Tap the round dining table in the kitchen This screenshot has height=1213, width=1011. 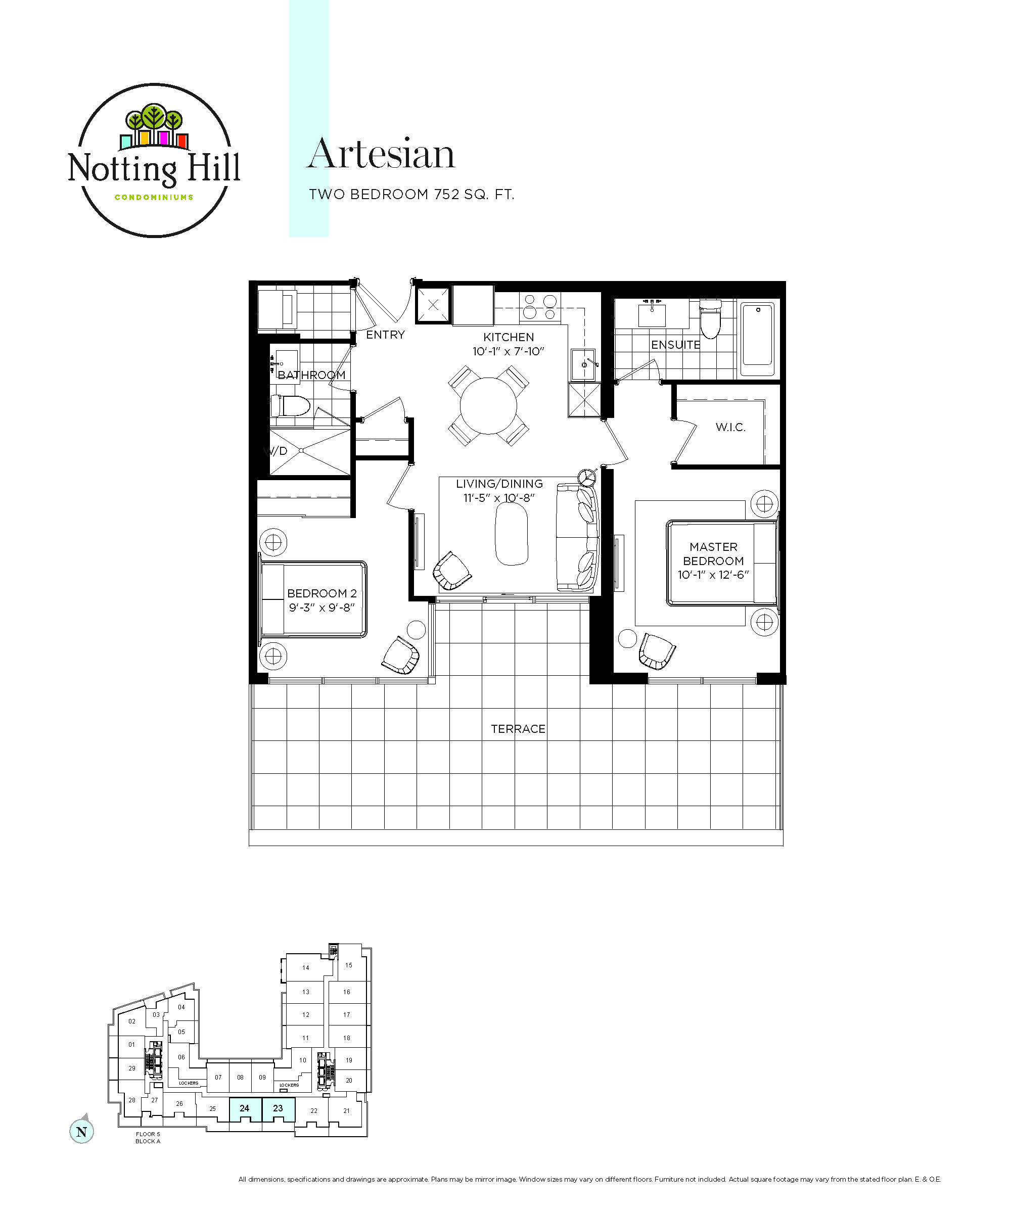point(488,405)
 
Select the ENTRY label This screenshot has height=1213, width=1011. point(385,335)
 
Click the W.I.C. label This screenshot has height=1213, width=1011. point(730,427)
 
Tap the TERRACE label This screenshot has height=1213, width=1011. point(518,729)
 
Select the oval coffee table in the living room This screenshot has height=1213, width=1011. point(512,534)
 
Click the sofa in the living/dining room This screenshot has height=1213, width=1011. point(577,538)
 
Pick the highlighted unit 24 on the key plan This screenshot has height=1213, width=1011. point(245,1109)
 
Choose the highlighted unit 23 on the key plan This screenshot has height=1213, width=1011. point(279,1109)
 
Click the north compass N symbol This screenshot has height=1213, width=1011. point(81,1132)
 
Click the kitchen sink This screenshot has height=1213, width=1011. point(583,364)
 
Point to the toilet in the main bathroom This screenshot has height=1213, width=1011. point(291,406)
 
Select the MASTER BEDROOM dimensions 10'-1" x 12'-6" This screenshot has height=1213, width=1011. point(713,575)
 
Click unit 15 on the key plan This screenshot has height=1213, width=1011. point(349,965)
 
